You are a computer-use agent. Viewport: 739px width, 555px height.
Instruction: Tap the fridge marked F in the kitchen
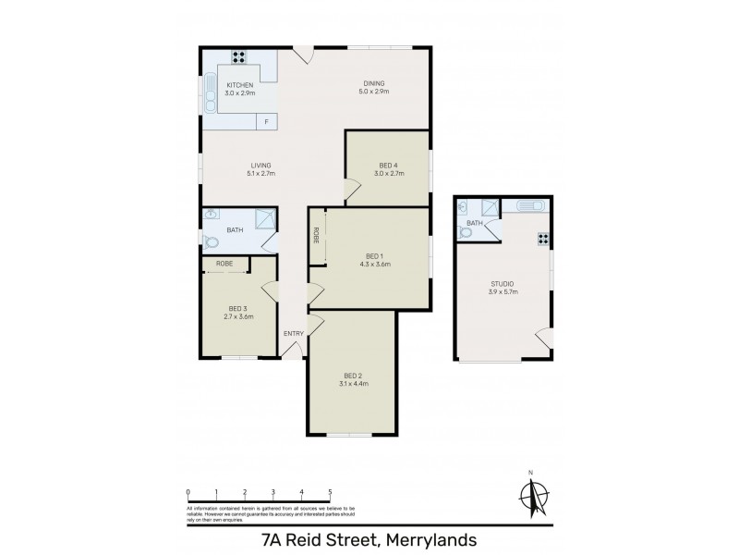[x=267, y=122]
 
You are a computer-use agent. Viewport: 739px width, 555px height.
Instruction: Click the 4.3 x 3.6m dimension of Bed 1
[x=373, y=264]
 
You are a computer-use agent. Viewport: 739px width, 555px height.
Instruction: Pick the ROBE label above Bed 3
[x=224, y=265]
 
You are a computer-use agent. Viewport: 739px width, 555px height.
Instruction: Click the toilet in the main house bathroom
[x=211, y=243]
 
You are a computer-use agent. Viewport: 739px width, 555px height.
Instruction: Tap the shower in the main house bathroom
[x=265, y=218]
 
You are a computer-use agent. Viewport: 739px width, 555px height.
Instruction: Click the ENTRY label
[x=293, y=334]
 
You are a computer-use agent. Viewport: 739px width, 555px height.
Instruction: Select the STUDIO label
[x=503, y=283]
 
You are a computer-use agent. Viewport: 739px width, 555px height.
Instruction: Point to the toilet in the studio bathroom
[x=465, y=232]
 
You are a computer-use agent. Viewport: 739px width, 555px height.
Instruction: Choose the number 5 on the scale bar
[x=330, y=492]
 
